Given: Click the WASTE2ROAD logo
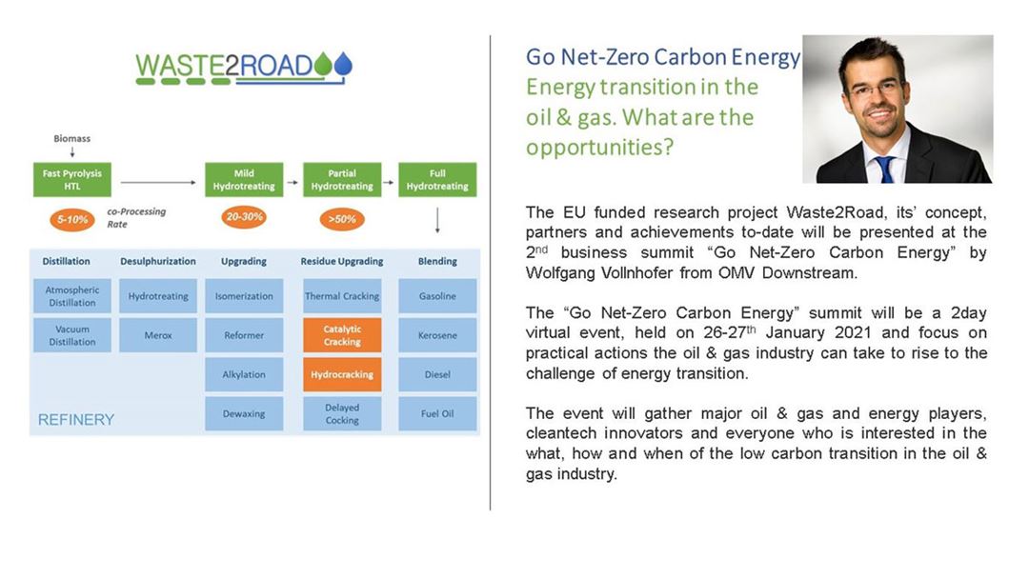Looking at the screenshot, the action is point(244,69).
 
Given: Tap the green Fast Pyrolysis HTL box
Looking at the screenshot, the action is point(72,180).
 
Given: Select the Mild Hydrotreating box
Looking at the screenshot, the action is point(244,180).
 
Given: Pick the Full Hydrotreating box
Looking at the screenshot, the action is point(437,180).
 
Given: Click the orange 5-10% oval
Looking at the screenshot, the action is point(72,220).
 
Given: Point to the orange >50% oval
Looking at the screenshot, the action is point(342,219).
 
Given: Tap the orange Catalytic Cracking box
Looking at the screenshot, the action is point(342,335).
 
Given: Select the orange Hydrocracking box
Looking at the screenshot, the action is point(342,374).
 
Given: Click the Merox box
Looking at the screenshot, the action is point(158,335).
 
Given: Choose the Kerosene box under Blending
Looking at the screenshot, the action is point(437,335).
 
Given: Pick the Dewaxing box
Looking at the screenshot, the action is point(244,413).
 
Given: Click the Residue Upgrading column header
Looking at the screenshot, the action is point(342,261).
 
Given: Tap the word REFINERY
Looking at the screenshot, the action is point(76,420).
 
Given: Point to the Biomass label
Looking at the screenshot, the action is point(72,138).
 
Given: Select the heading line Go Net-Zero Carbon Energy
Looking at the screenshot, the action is point(663,57).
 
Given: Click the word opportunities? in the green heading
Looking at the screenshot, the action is point(600,147).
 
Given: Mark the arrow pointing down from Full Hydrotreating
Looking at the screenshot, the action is point(437,221).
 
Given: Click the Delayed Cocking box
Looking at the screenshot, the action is point(342,413).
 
